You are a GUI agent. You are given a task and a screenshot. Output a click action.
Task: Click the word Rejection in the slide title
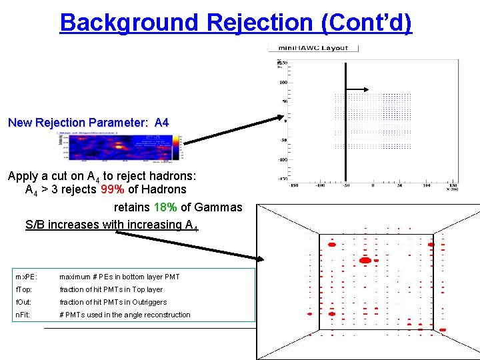pyautogui.click(x=261, y=23)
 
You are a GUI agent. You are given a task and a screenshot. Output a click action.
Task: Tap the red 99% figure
pyautogui.click(x=111, y=190)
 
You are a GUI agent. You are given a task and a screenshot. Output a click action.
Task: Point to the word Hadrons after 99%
pyautogui.click(x=163, y=190)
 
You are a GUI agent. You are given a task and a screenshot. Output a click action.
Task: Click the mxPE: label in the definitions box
pyautogui.click(x=25, y=277)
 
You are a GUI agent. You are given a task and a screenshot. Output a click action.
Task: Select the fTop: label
pyautogui.click(x=23, y=289)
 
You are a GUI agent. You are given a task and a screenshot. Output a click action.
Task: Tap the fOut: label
pyautogui.click(x=23, y=302)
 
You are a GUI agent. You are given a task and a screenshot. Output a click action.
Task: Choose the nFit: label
pyautogui.click(x=23, y=315)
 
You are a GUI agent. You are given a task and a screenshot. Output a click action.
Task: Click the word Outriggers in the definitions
pyautogui.click(x=149, y=302)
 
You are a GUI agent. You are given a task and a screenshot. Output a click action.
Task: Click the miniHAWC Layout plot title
pyautogui.click(x=313, y=48)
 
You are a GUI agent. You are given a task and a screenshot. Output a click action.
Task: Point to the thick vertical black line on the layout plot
pyautogui.click(x=345, y=120)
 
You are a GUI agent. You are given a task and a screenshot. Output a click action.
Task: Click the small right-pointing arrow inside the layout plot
pyautogui.click(x=360, y=89)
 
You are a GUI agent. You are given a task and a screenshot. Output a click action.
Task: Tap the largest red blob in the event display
pyautogui.click(x=365, y=260)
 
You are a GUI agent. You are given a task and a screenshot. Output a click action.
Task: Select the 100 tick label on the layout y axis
pyautogui.click(x=283, y=82)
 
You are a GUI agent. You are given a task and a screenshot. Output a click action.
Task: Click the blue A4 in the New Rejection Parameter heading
pyautogui.click(x=161, y=123)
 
